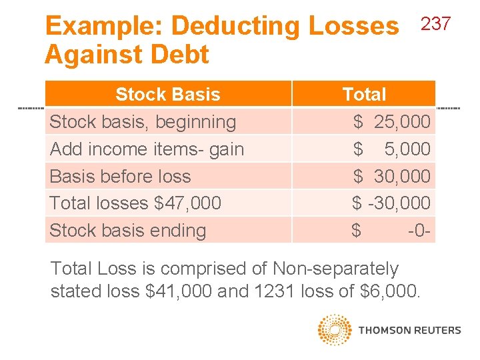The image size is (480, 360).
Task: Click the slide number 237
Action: (437, 25)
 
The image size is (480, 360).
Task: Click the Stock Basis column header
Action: (167, 94)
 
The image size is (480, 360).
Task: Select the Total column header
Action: (364, 94)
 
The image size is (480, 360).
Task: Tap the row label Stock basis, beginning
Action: (143, 122)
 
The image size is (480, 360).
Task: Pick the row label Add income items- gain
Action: (147, 149)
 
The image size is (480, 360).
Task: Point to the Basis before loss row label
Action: (120, 177)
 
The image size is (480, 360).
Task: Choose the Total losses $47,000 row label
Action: (135, 203)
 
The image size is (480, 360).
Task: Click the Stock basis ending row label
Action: (128, 231)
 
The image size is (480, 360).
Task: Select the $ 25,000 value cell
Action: (392, 122)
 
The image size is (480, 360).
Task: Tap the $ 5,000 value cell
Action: (392, 149)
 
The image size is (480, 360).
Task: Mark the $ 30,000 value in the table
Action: (392, 177)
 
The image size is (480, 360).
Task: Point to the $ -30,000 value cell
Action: (391, 203)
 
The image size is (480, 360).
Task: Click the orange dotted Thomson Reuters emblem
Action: (335, 330)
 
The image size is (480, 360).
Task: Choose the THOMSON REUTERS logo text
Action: (409, 330)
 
